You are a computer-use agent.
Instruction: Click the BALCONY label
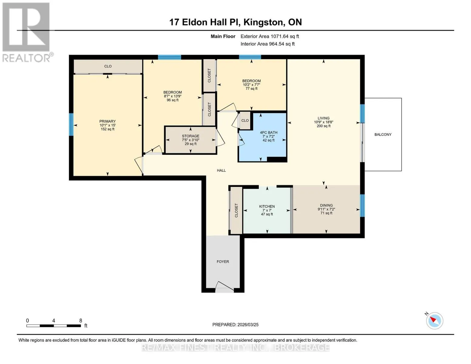[383, 134]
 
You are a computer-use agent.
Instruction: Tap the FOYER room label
[223, 262]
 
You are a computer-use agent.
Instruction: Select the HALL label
[221, 170]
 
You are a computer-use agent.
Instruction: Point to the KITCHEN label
[267, 206]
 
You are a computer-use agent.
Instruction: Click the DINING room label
[326, 205]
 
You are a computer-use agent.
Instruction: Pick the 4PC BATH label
[268, 133]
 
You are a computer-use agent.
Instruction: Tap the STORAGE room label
[190, 136]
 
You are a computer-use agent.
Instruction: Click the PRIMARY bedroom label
[107, 121]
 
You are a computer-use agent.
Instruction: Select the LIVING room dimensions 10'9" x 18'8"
[323, 122]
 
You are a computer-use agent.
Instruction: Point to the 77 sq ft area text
[251, 89]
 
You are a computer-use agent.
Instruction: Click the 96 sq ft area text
[173, 100]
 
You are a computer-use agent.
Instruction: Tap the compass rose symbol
[434, 321]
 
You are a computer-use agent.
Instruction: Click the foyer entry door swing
[225, 286]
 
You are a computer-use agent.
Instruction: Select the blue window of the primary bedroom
[71, 124]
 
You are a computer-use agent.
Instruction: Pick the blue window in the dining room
[362, 206]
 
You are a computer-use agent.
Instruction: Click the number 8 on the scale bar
[81, 320]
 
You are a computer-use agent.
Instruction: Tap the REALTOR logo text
[26, 58]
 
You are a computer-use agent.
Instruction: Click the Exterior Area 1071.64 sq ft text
[270, 36]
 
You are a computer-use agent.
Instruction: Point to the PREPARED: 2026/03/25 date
[235, 325]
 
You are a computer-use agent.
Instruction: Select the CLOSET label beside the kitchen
[236, 210]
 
